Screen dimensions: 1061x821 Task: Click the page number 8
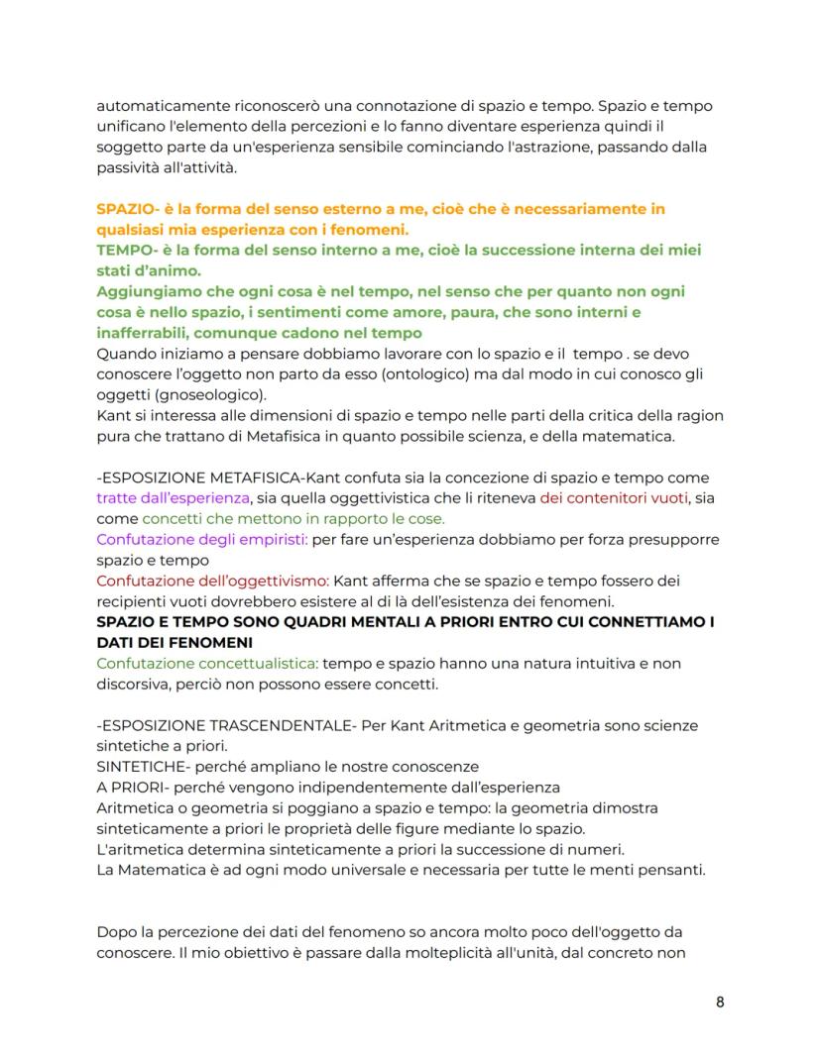720,1002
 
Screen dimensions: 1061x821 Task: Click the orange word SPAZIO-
129,209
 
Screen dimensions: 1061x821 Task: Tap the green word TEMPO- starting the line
126,251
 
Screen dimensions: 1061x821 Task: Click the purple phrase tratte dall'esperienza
172,498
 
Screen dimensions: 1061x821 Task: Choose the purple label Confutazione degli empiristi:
203,540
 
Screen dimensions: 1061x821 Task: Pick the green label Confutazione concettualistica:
208,664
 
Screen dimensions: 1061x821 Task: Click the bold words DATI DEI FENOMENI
175,643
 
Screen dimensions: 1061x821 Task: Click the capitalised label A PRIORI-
132,788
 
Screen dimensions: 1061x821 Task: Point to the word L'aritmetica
138,850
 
